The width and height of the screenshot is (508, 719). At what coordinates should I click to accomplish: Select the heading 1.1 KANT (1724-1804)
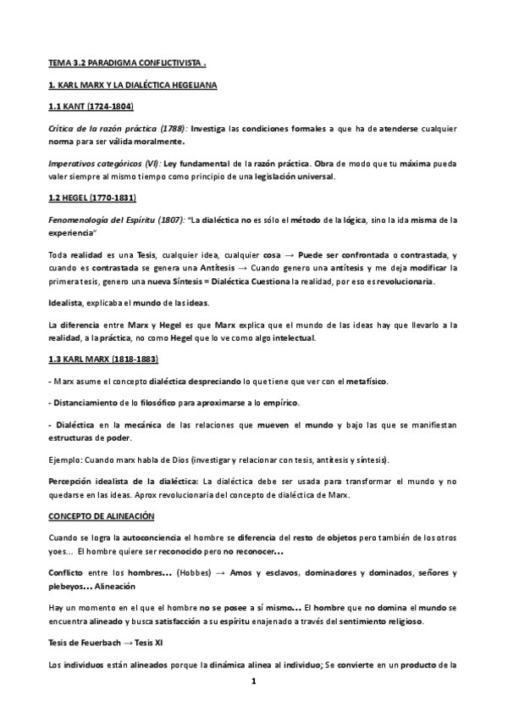pyautogui.click(x=91, y=108)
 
